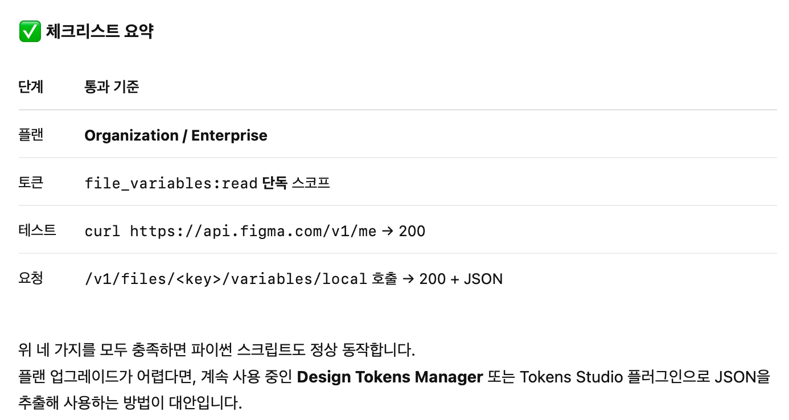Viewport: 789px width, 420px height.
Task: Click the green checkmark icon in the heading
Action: point(30,31)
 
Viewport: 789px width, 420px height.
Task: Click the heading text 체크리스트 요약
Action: point(100,31)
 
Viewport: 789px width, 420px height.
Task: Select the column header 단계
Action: point(31,87)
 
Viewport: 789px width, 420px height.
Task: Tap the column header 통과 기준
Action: point(112,87)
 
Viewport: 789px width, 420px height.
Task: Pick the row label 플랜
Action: point(31,135)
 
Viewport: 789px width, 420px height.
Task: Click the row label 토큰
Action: point(31,183)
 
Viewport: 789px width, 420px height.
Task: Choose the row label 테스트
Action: point(37,231)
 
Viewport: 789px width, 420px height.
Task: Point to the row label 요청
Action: point(31,279)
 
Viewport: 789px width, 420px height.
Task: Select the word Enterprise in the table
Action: point(229,135)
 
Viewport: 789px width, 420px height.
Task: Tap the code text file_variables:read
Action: point(171,183)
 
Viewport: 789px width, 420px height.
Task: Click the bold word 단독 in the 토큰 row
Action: point(274,183)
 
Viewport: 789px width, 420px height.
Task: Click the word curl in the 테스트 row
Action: point(102,231)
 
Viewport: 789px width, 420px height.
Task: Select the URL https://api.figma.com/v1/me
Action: point(253,231)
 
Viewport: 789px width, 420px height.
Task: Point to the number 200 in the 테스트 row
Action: point(412,231)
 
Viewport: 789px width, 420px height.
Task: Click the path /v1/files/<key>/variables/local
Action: point(225,279)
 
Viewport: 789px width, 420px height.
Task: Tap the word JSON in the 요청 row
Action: point(483,279)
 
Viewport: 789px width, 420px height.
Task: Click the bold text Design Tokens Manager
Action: point(390,377)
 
